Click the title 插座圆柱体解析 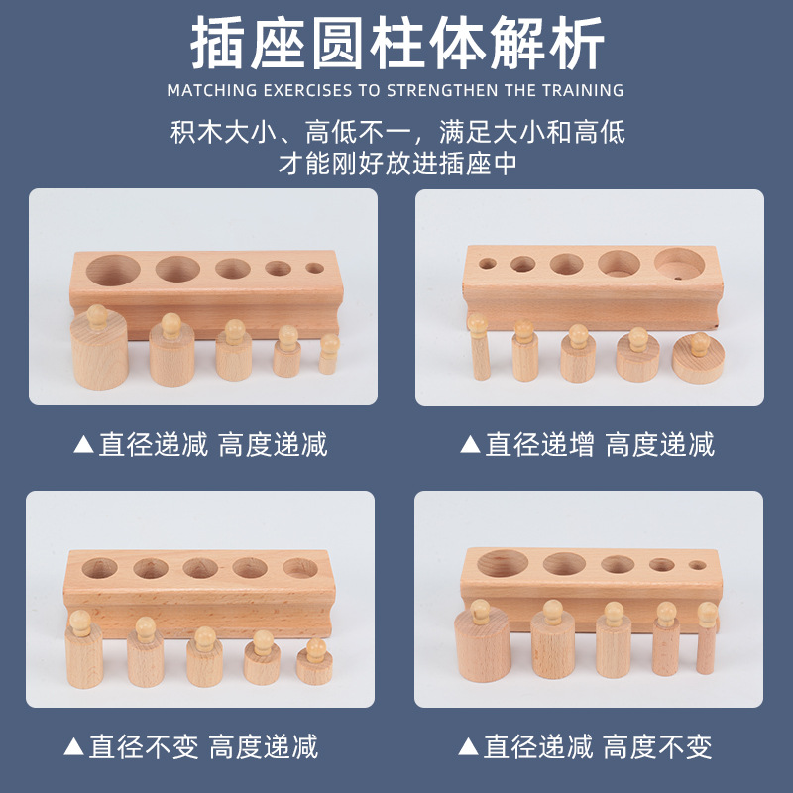396,45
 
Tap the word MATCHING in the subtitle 208,91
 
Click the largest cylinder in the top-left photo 100,352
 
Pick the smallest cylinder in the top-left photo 329,357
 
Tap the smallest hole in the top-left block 314,268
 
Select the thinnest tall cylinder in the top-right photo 480,352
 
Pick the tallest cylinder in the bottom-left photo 84,656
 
